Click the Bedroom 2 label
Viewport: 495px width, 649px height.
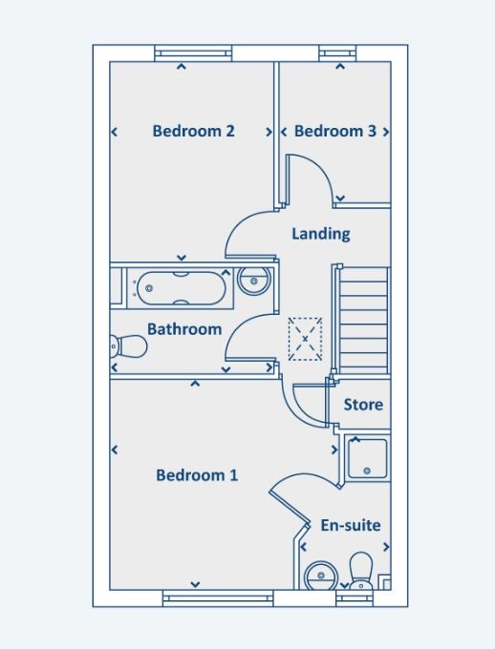click(194, 131)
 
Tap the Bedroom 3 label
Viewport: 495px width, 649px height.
click(335, 131)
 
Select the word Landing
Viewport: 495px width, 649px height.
click(321, 234)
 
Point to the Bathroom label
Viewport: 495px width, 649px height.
click(184, 329)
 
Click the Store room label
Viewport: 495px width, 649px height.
click(363, 405)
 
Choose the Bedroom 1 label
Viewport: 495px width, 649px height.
click(197, 475)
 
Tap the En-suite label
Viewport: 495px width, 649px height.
click(351, 525)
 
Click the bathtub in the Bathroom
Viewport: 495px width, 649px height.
click(182, 288)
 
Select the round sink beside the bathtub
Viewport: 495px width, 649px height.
click(254, 281)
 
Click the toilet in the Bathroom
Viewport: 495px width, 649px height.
click(129, 346)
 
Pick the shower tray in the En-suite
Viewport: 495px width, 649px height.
click(367, 459)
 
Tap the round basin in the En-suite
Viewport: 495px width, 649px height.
click(321, 576)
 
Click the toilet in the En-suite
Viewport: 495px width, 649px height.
click(361, 572)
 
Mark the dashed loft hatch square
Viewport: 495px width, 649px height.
click(305, 339)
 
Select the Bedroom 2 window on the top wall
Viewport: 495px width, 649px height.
click(193, 53)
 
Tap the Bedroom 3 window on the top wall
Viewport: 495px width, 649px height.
click(338, 53)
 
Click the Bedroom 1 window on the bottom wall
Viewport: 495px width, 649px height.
click(218, 598)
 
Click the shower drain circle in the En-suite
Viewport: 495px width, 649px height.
click(367, 471)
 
